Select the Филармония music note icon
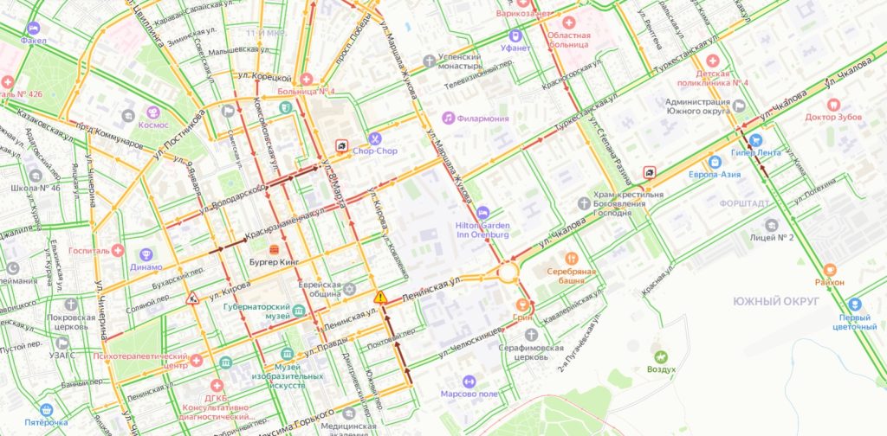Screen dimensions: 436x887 point(449,117)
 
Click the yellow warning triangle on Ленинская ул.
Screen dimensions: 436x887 point(380,297)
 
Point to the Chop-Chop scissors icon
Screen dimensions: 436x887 point(374,138)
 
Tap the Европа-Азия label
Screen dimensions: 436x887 point(715,174)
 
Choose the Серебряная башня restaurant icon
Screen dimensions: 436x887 point(571,258)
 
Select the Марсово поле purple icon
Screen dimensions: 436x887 point(469,381)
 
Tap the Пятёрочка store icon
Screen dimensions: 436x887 point(46,409)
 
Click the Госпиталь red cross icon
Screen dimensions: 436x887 point(118,250)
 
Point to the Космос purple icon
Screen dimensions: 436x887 point(152,112)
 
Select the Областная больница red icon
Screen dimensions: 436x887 point(568,22)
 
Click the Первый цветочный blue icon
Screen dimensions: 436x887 point(855,305)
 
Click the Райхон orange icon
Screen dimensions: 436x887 point(830,270)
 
